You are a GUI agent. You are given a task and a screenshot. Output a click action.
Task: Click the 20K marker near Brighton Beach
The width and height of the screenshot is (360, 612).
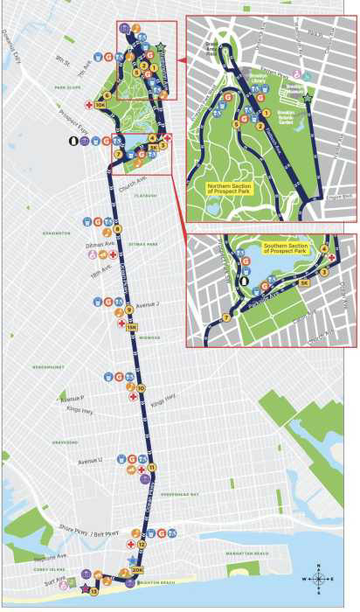pyautogui.click(x=137, y=569)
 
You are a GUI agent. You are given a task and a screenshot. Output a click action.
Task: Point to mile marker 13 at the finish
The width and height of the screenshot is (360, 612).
pyautogui.click(x=93, y=592)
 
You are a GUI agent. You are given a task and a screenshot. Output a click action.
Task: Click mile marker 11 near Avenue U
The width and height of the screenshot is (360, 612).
pyautogui.click(x=151, y=468)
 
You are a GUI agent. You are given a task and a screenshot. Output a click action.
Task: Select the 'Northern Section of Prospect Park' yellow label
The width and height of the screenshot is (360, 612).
pyautogui.click(x=229, y=188)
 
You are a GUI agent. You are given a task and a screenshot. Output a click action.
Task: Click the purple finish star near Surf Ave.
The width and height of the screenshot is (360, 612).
pyautogui.click(x=85, y=589)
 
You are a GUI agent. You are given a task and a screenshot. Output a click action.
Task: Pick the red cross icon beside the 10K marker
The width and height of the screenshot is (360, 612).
pyautogui.click(x=88, y=106)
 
